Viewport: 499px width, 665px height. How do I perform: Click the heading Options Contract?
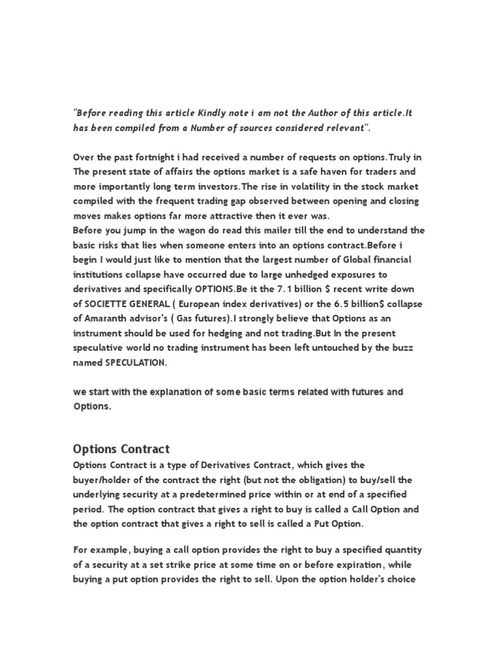click(x=122, y=449)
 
